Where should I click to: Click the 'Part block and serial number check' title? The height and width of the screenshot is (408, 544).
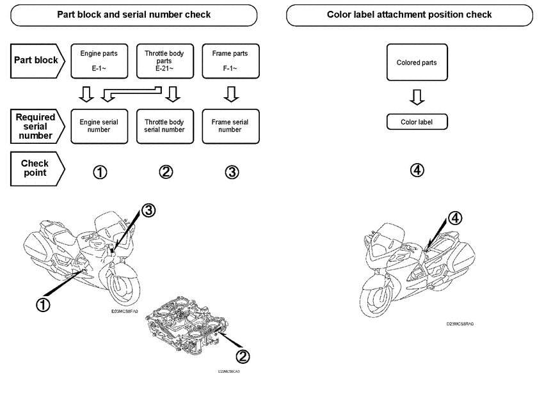[x=134, y=14]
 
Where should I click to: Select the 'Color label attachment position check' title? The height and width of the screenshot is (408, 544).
[x=409, y=14]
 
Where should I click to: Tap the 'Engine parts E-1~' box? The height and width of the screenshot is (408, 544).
[x=99, y=61]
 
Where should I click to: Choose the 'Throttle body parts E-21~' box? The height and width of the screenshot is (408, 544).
[x=164, y=61]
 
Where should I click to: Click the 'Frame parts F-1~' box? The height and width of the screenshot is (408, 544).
[x=230, y=61]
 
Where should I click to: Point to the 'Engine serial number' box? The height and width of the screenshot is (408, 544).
[x=99, y=125]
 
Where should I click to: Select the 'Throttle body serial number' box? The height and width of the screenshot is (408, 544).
[x=164, y=125]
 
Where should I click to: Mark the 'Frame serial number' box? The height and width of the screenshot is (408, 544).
[x=230, y=125]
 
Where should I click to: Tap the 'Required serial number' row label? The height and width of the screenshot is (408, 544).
[x=36, y=126]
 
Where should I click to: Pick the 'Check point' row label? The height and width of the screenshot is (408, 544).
[x=36, y=169]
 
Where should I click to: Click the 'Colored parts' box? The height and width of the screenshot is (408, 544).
[x=417, y=63]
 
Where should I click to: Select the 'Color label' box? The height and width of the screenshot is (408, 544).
[x=417, y=122]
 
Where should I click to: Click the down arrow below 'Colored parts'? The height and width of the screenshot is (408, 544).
[x=417, y=97]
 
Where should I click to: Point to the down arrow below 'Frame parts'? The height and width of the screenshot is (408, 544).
[x=230, y=95]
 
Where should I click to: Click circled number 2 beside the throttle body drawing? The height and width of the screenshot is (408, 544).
[x=243, y=356]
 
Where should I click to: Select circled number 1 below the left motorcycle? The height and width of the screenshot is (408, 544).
[x=43, y=305]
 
